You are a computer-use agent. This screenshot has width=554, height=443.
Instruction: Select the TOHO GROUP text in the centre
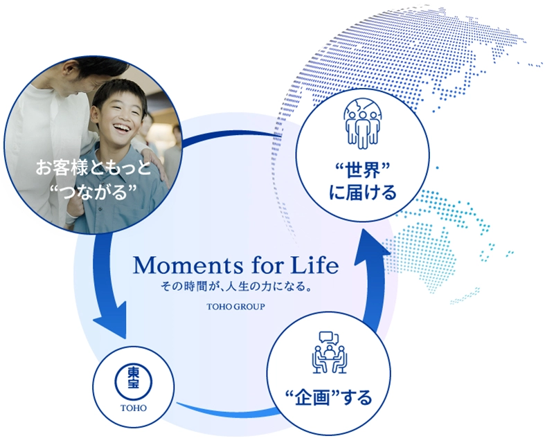click(235, 307)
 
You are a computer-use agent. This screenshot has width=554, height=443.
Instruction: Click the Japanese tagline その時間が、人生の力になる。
click(236, 286)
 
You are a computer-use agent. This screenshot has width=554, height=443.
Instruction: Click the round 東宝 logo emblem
click(134, 381)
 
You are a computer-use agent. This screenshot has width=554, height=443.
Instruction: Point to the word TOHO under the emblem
click(134, 408)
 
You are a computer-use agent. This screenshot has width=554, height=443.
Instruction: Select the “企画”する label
click(328, 397)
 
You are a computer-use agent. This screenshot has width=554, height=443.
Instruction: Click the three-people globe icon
click(362, 124)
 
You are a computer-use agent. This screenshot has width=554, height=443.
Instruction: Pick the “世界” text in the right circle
click(362, 170)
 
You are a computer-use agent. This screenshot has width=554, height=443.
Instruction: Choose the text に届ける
click(363, 192)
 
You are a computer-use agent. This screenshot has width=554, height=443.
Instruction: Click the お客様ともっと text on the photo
click(93, 168)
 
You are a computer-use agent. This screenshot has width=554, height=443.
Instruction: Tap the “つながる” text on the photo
click(93, 192)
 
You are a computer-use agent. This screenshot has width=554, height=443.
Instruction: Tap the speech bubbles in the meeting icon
click(329, 338)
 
